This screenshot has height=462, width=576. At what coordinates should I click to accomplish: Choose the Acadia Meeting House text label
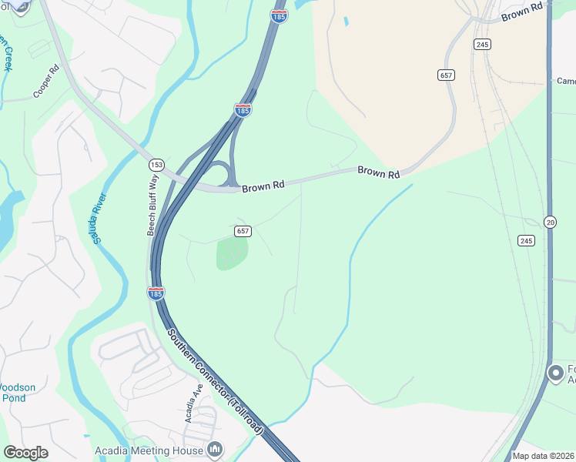click(149, 450)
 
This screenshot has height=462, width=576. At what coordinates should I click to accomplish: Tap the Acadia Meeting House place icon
click(215, 449)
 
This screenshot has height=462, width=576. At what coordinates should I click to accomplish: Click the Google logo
click(25, 453)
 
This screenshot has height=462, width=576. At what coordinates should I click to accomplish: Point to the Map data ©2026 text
click(543, 456)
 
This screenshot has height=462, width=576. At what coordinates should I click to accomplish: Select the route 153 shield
click(156, 165)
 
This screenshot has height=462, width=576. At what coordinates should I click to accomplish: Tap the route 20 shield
click(550, 222)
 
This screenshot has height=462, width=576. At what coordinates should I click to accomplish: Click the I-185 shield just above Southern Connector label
click(155, 293)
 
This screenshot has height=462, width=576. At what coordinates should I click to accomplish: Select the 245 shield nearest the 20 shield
click(526, 241)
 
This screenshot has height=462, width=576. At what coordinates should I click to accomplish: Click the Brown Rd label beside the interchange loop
click(263, 186)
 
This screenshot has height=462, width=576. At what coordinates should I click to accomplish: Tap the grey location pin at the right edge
click(555, 373)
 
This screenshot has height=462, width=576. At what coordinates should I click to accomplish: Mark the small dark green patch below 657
click(232, 253)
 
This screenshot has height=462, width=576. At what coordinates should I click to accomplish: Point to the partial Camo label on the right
click(566, 81)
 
